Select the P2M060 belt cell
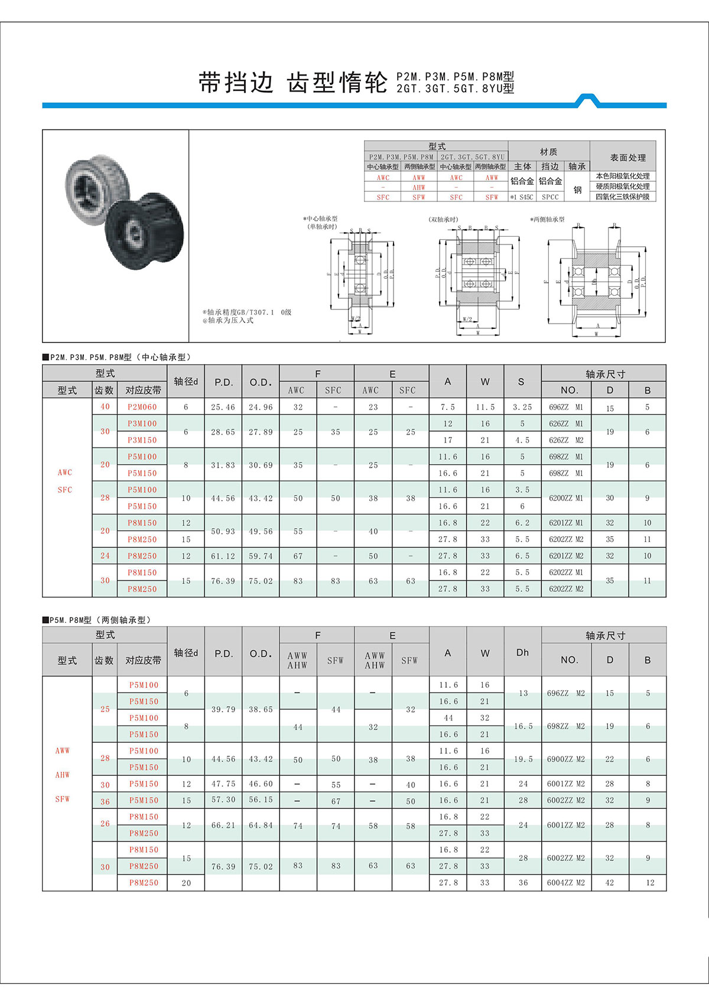(142, 407)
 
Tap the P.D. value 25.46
(223, 407)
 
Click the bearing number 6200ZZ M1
(565, 498)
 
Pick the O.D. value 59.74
(261, 556)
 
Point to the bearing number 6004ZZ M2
(565, 883)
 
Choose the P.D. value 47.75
(223, 784)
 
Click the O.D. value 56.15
(261, 800)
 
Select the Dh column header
(522, 652)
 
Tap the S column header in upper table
(521, 382)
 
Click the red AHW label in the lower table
(62, 775)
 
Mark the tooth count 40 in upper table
(105, 407)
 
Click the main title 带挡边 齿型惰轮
(293, 83)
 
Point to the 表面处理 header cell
(627, 158)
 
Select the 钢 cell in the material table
(577, 190)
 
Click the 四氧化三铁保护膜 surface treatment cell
(622, 197)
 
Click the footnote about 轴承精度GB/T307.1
(247, 312)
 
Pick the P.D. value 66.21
(223, 825)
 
